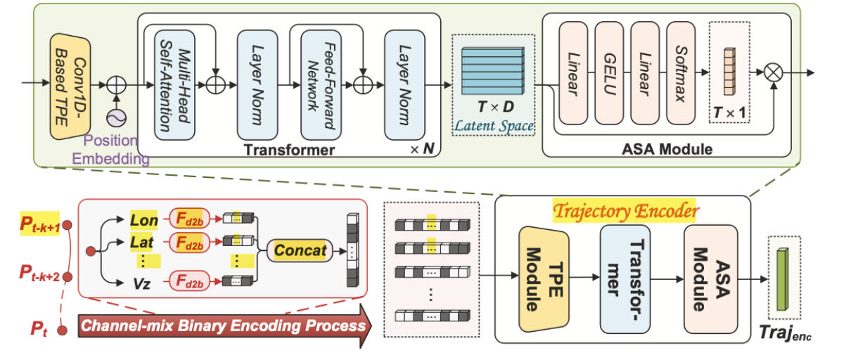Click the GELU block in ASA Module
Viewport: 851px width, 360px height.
click(x=609, y=73)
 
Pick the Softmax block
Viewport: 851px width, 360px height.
click(x=679, y=73)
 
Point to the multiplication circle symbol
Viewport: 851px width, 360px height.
click(x=774, y=72)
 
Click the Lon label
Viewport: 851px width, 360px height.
click(x=144, y=220)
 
